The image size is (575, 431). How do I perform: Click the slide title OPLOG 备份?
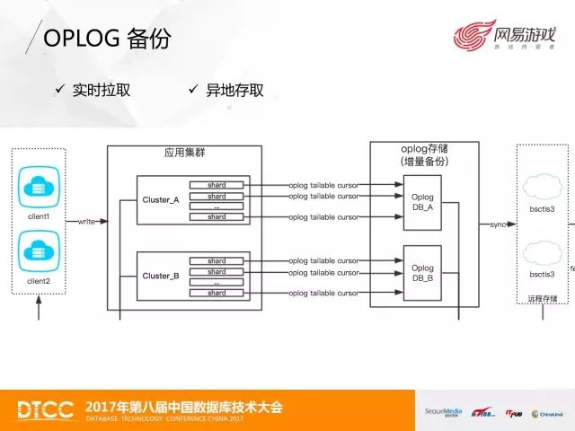[106, 39]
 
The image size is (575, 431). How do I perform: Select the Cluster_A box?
[161, 200]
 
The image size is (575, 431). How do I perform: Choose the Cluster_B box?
[161, 277]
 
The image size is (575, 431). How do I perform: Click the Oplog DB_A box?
[421, 200]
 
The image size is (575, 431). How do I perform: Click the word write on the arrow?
[87, 221]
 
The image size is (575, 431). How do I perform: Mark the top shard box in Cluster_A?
[217, 185]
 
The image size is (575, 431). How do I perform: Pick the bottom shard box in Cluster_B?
[217, 293]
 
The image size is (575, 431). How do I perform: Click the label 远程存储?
[542, 298]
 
